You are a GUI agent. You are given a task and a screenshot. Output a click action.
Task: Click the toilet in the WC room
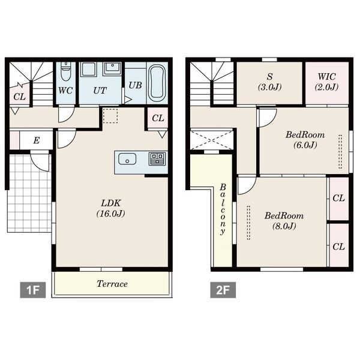tap(66, 71)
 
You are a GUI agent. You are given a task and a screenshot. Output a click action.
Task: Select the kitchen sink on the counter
tap(127, 159)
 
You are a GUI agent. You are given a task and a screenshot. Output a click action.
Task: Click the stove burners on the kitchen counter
tap(157, 158)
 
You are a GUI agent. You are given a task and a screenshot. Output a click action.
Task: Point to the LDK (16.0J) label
tap(111, 208)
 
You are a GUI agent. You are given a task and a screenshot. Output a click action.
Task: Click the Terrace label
tap(112, 284)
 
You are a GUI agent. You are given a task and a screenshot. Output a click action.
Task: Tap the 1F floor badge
tap(32, 290)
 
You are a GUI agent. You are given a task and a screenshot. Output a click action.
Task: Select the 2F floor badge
tap(223, 290)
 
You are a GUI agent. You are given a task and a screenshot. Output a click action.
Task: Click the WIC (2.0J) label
tap(327, 82)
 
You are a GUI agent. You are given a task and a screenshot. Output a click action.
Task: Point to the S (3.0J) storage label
tap(269, 82)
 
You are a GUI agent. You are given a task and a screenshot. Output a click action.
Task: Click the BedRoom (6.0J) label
tap(305, 140)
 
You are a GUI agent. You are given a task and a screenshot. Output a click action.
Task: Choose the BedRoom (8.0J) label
tap(284, 221)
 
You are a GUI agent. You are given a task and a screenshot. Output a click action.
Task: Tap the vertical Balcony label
tap(222, 209)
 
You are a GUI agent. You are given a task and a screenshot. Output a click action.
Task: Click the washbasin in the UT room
tap(112, 68)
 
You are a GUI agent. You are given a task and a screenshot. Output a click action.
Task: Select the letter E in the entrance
tap(36, 140)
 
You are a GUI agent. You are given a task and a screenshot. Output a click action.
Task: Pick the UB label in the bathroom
tap(135, 85)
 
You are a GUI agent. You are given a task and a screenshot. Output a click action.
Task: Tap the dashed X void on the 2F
tap(211, 140)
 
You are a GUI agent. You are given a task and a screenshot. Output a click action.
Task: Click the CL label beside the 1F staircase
tap(20, 97)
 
